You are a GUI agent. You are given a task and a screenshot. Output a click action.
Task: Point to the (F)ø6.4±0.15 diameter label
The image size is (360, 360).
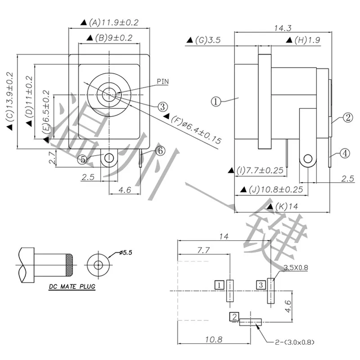(x=196, y=130)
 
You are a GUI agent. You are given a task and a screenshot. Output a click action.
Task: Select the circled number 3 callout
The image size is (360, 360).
(x=162, y=107)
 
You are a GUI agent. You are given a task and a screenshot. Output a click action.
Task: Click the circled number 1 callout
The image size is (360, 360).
(x=216, y=102)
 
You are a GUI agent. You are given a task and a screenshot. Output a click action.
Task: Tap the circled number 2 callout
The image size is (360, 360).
(x=347, y=118)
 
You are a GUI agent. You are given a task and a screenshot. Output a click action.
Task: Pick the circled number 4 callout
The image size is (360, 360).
(x=344, y=153)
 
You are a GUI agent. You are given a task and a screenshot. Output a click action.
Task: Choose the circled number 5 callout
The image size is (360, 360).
(x=83, y=159)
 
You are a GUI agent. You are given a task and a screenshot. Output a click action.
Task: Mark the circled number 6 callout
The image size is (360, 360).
(x=161, y=151)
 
